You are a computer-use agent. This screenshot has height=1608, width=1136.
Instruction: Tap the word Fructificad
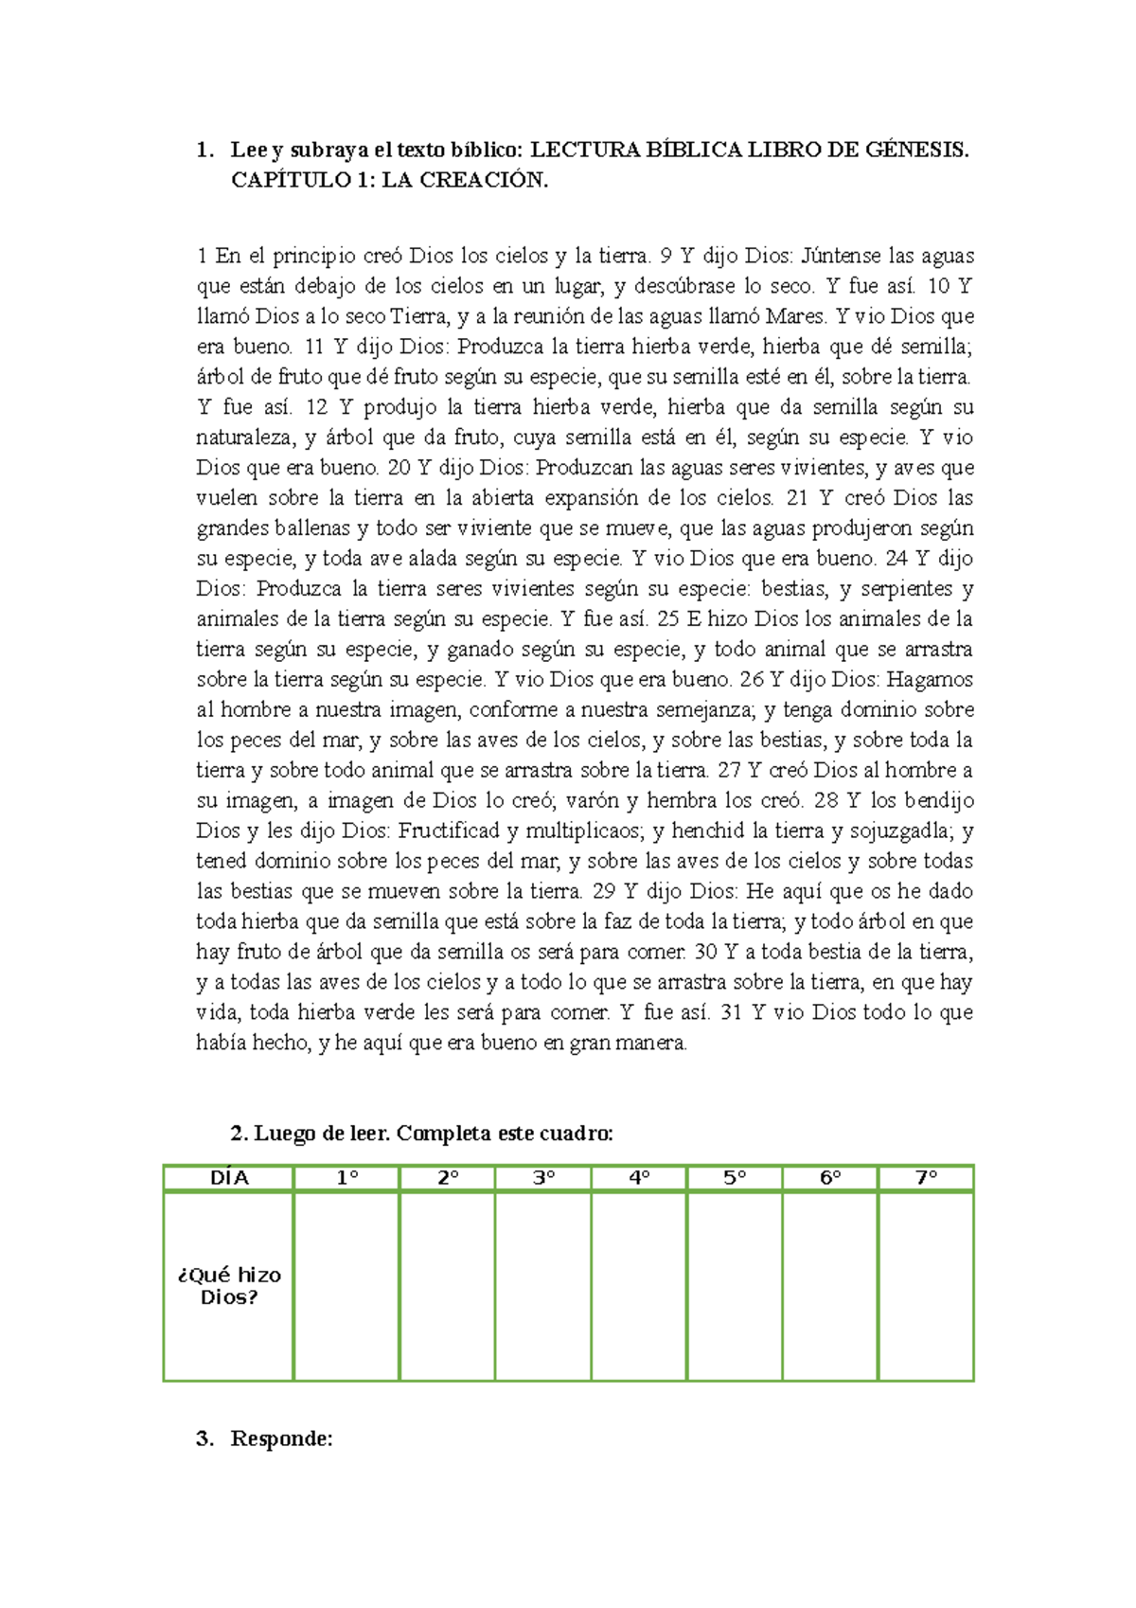[x=448, y=831]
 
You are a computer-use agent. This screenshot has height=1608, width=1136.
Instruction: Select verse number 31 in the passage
[x=731, y=1013]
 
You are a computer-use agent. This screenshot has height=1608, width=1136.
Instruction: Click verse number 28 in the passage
[x=826, y=801]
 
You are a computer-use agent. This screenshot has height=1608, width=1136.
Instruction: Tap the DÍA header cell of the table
[x=229, y=1178]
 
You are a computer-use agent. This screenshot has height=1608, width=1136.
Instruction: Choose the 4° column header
[x=639, y=1178]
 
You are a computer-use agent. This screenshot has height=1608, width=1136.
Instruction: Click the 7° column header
[x=926, y=1178]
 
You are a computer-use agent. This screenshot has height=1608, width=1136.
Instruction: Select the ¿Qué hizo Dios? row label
[x=229, y=1286]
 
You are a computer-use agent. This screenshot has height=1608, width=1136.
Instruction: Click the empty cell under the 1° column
[x=346, y=1286]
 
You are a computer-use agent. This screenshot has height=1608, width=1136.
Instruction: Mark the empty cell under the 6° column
[x=830, y=1286]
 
